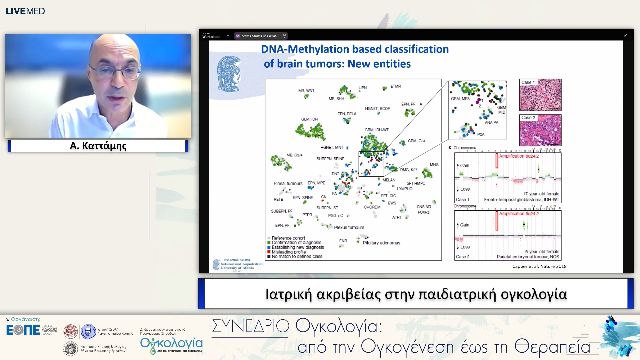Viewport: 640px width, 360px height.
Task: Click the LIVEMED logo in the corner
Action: coord(25,11)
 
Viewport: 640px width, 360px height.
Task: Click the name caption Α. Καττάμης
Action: coord(98,146)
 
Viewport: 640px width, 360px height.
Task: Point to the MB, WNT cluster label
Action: coord(306,90)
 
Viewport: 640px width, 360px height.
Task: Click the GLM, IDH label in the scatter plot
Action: coord(309,119)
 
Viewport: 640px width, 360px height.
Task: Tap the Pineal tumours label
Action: coord(288,183)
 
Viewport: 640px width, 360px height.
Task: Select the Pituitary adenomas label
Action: coord(381,243)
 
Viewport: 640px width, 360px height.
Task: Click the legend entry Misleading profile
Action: coord(288,252)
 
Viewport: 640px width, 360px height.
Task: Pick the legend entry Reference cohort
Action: coord(288,238)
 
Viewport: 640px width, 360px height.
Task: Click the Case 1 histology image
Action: coord(540,95)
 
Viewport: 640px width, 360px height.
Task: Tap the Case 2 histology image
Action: coord(540,130)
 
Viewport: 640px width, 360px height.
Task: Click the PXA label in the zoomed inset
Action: coord(480,134)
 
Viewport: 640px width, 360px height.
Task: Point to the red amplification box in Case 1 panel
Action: coord(497,161)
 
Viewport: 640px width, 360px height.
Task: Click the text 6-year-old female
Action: coord(542,252)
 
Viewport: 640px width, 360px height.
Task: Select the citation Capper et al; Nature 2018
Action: coord(539,266)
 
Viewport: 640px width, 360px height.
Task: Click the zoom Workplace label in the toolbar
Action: coord(211,35)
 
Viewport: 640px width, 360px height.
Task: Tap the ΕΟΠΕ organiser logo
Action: coord(23,330)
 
